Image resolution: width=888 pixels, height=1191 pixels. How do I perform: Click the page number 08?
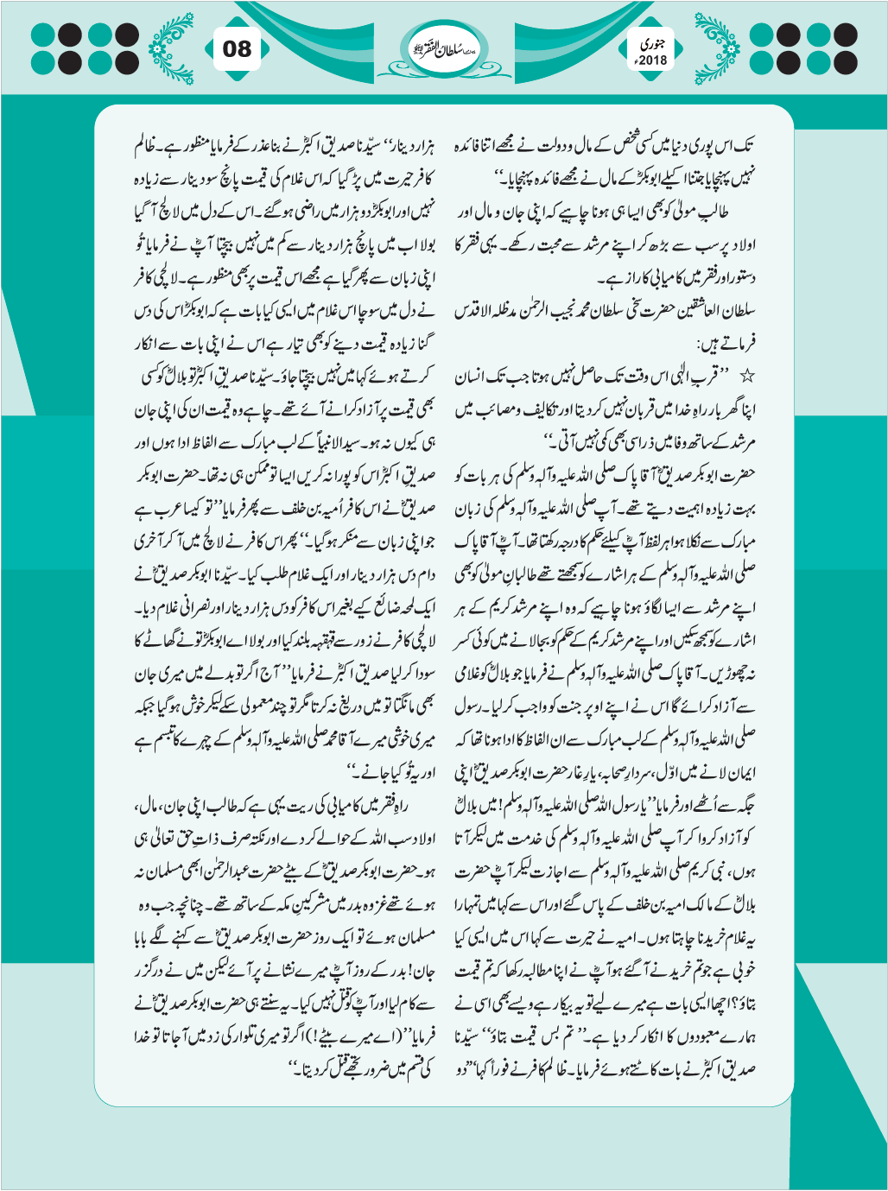(x=237, y=48)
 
